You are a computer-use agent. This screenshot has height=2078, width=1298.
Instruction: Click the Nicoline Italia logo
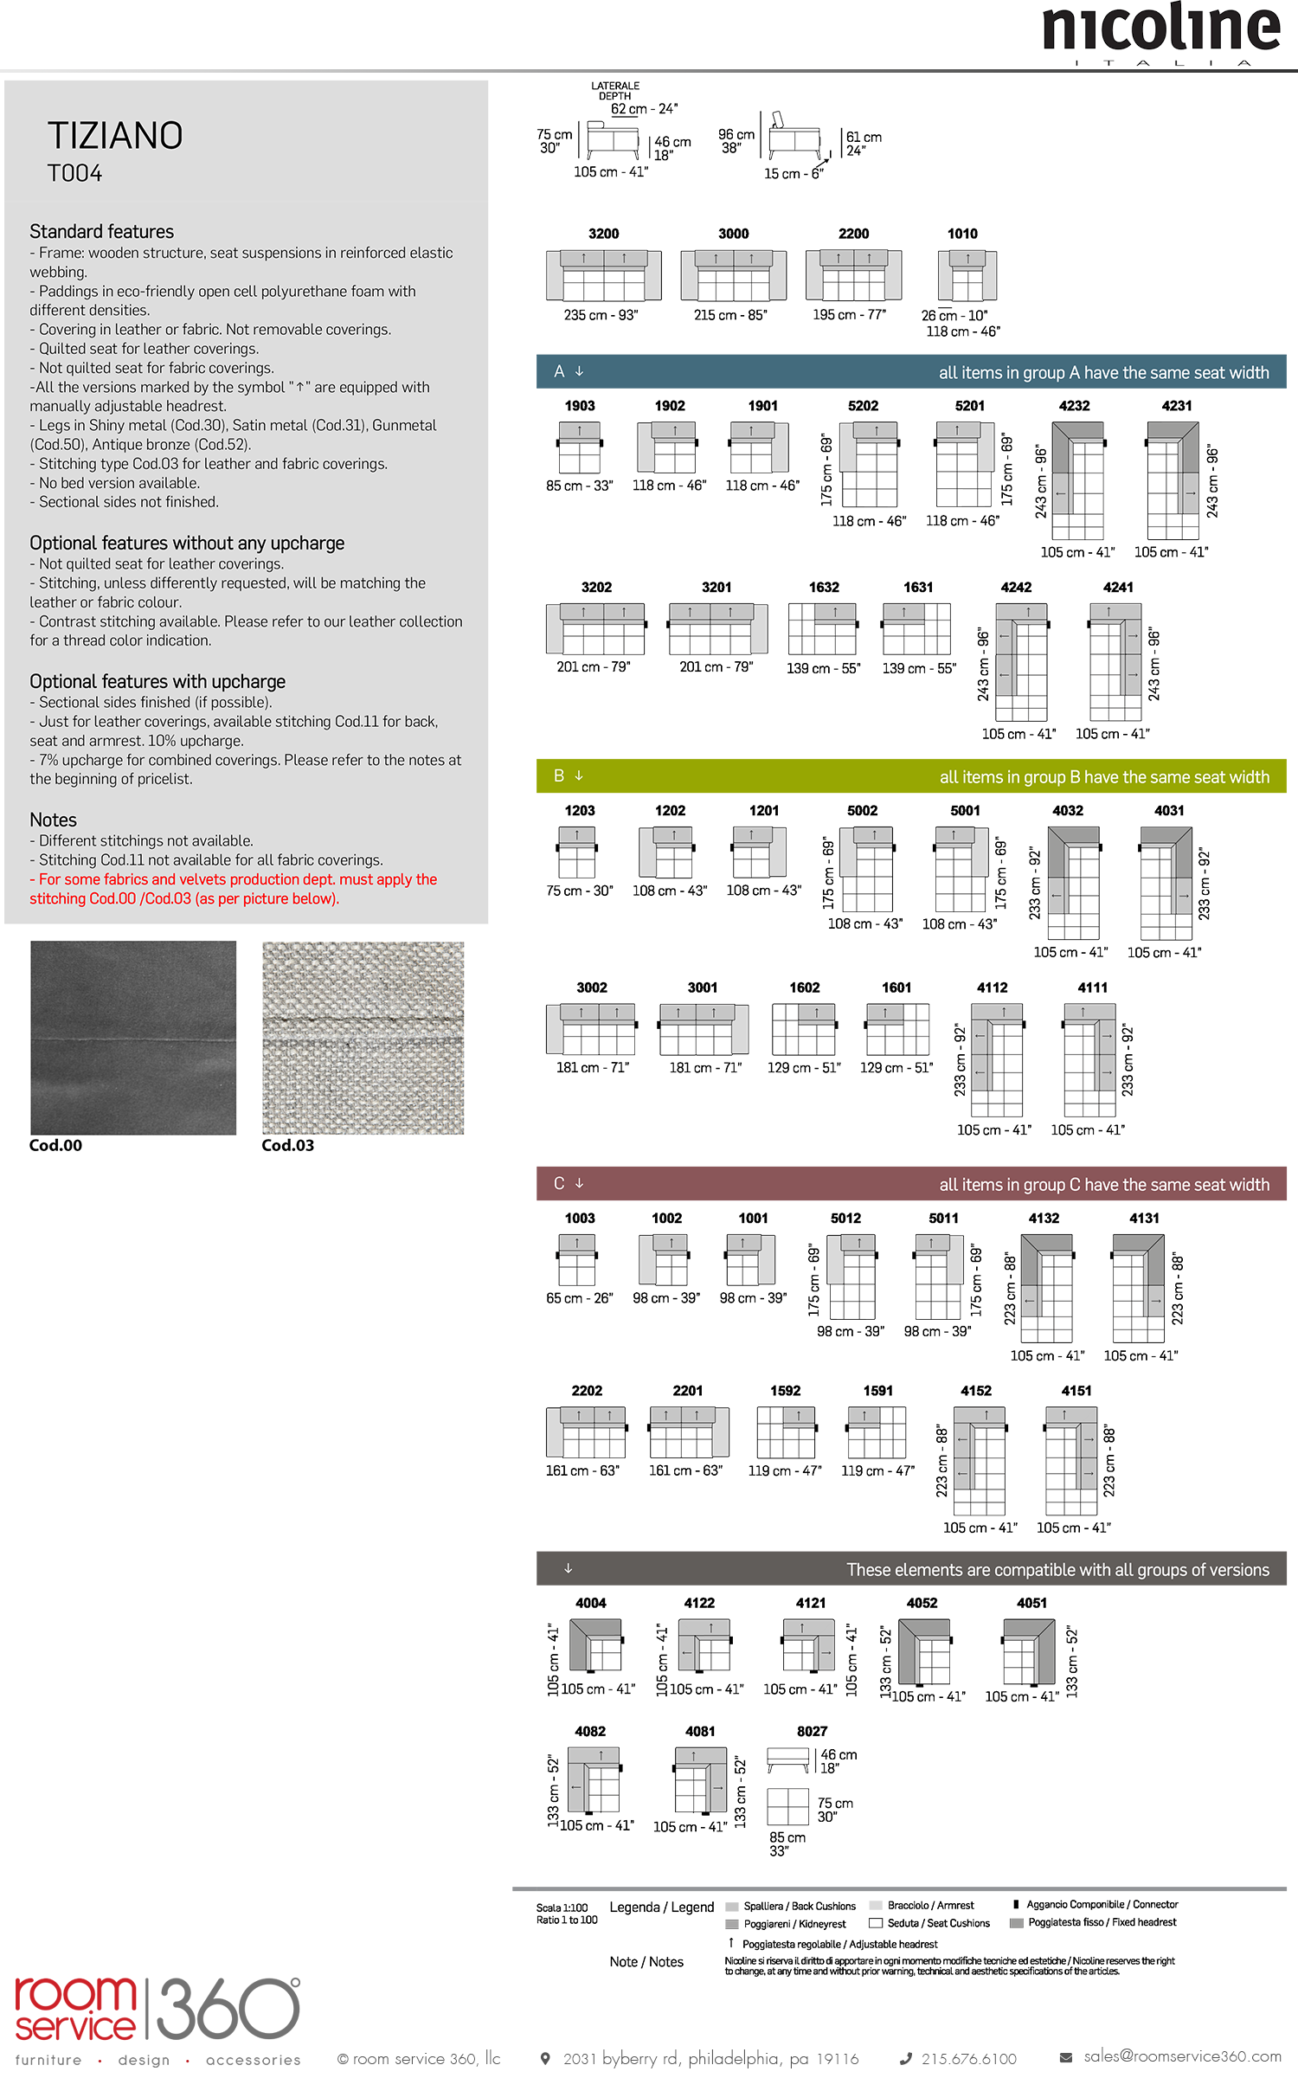tap(1160, 33)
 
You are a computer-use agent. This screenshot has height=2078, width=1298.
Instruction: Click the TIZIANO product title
tap(115, 136)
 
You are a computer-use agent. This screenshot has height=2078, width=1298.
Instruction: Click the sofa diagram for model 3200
tap(603, 275)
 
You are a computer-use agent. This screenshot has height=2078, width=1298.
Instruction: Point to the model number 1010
tap(962, 234)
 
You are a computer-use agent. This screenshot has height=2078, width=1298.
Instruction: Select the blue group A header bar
tap(910, 372)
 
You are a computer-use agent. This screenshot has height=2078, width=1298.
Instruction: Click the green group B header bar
tap(910, 776)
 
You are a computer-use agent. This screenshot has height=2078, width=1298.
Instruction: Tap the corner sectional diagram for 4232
tap(1077, 479)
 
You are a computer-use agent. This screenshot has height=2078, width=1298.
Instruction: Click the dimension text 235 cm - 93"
tap(601, 315)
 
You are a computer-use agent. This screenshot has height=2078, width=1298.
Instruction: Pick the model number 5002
tap(862, 810)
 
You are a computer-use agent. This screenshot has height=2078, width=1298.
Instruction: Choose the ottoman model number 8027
tap(812, 1731)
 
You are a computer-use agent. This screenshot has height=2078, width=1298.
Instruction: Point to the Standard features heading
tap(101, 231)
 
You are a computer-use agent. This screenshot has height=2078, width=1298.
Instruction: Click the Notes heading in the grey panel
tap(53, 820)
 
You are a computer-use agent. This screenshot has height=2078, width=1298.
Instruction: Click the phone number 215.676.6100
tap(968, 2058)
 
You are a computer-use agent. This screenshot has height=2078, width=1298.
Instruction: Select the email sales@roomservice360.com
tap(1182, 2055)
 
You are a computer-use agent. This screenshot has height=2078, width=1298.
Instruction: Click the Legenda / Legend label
tap(662, 1908)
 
